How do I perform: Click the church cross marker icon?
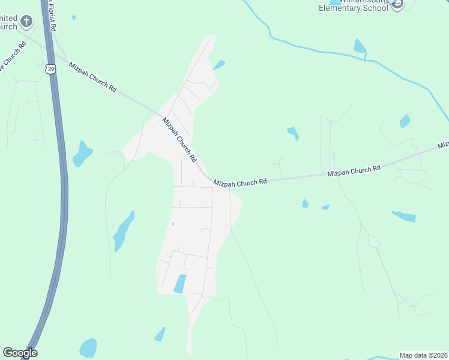tap(26, 22)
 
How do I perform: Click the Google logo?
tap(20, 353)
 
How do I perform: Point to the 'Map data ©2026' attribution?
tap(423, 355)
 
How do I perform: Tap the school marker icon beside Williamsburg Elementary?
tap(396, 4)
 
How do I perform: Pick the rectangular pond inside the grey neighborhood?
tap(180, 284)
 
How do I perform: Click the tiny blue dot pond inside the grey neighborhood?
tap(173, 224)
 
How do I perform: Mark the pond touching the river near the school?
tap(360, 47)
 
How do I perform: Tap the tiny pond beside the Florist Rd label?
tap(74, 17)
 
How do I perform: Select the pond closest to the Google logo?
tap(88, 348)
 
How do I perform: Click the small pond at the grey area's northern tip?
tap(219, 64)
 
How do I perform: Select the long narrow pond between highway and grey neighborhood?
tap(124, 231)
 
